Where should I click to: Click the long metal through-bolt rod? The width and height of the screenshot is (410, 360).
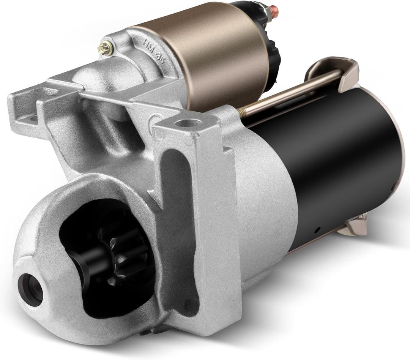[x=292, y=91]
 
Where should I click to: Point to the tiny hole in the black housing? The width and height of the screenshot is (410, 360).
[x=317, y=229]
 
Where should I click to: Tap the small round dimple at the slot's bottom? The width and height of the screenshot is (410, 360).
[x=190, y=304]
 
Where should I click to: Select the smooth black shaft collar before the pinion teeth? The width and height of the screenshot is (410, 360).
[x=82, y=262]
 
